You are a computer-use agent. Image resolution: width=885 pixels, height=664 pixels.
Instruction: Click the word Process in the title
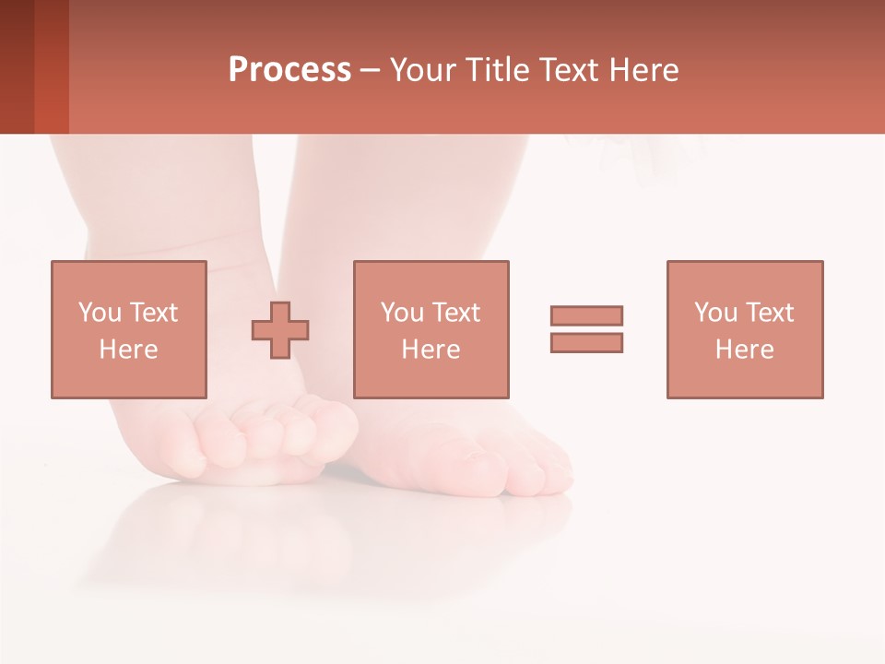pos(289,70)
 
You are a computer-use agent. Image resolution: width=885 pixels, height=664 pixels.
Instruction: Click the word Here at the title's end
pos(643,70)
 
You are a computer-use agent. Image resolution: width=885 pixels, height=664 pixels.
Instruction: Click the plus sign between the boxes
pos(281,329)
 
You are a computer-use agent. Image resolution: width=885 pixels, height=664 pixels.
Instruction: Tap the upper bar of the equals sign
pos(586,315)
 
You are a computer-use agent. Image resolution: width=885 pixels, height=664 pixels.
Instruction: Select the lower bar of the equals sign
pos(586,342)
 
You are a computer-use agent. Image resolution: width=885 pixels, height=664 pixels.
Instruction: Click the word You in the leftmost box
pos(98,313)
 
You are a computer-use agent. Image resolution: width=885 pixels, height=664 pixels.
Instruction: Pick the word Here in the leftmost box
pos(128,350)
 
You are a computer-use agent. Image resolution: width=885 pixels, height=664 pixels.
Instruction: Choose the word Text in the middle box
pos(455,313)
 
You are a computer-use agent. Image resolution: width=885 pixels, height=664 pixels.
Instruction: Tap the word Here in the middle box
pos(431,350)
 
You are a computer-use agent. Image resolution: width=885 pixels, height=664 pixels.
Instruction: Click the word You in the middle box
pos(401,313)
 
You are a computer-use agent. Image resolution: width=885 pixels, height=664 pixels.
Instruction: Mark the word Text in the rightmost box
pos(769,313)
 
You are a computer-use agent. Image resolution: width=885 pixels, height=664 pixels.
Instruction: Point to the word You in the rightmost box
pos(714,313)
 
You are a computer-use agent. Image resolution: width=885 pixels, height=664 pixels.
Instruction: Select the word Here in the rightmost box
pos(744,350)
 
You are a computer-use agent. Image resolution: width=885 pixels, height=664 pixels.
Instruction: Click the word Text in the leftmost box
pos(153,313)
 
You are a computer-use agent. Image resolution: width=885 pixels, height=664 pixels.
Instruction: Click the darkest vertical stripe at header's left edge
pos(17,66)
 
